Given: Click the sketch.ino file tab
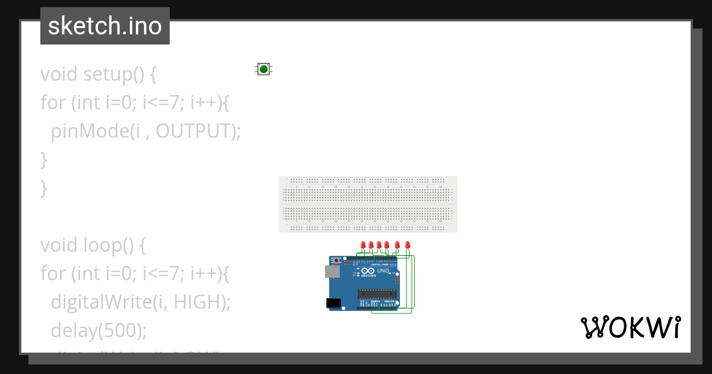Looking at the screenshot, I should [105, 26].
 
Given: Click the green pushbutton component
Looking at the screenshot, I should [263, 69].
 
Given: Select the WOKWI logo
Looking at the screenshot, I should [630, 327].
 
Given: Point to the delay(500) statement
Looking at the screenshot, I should [98, 330].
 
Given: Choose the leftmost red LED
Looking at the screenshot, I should [363, 245].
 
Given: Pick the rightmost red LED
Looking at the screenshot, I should [407, 245].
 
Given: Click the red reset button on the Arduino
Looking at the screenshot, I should [338, 260].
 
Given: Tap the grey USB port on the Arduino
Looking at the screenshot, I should [332, 272].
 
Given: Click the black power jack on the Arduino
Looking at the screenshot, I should [334, 303].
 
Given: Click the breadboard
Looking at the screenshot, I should [368, 204].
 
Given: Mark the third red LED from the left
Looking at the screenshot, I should [379, 245].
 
